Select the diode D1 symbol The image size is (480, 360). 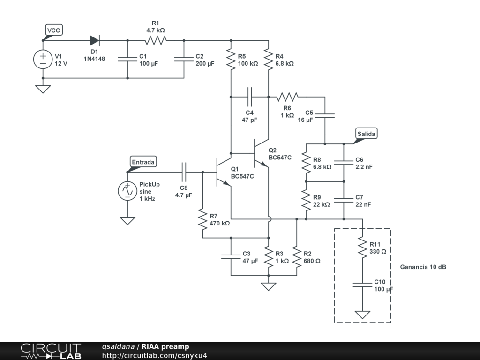coord(95,40)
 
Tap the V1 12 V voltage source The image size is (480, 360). coord(43,59)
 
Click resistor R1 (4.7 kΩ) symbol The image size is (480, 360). coord(156,40)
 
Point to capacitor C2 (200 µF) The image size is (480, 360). coord(184,59)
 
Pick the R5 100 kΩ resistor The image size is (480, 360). coord(231,59)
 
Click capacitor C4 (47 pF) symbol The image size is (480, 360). coord(249,97)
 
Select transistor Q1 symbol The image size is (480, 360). coord(222,172)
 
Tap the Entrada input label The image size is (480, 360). coord(143,162)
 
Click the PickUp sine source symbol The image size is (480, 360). coord(127,191)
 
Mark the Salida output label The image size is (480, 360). coord(366,134)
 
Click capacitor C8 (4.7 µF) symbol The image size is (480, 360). coord(184,172)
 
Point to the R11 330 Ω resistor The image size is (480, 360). coord(362,247)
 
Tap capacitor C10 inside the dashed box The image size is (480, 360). coord(362,285)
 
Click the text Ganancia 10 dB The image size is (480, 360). coord(423,267)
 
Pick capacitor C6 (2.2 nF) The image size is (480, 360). coord(344,163)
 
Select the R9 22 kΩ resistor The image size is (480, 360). coord(306,200)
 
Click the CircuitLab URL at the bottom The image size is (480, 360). coord(154,355)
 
